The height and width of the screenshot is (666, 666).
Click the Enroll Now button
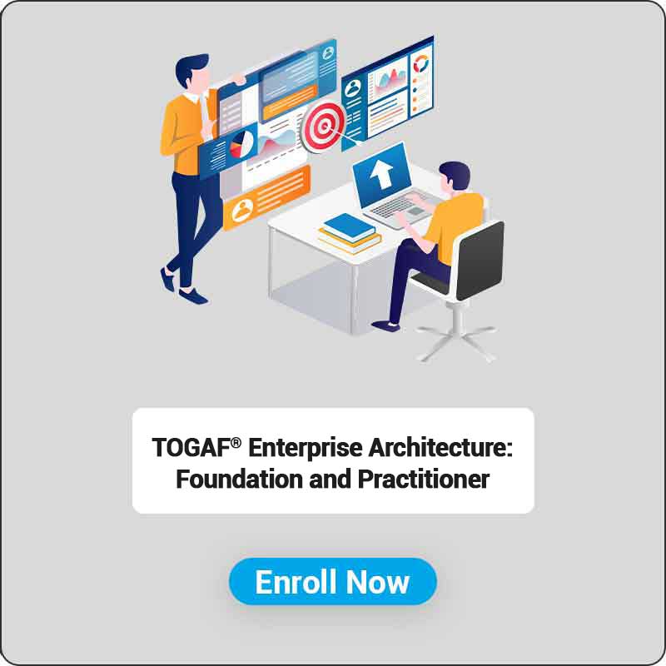[x=332, y=581]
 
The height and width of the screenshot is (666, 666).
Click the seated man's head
[x=454, y=177]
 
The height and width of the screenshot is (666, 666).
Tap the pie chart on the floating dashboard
[x=241, y=144]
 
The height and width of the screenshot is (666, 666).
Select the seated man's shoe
[x=385, y=326]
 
